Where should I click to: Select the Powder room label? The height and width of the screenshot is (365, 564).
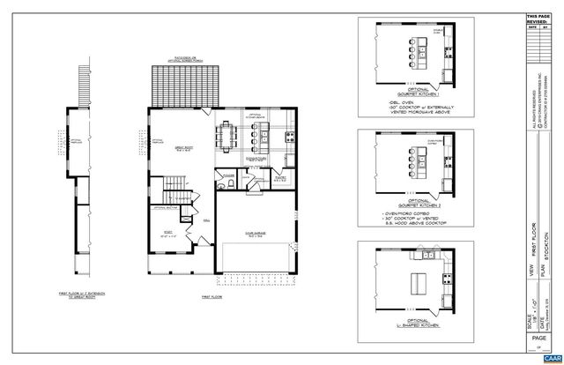coord(228,175)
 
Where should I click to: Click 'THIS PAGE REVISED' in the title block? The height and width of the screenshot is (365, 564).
coord(536,19)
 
